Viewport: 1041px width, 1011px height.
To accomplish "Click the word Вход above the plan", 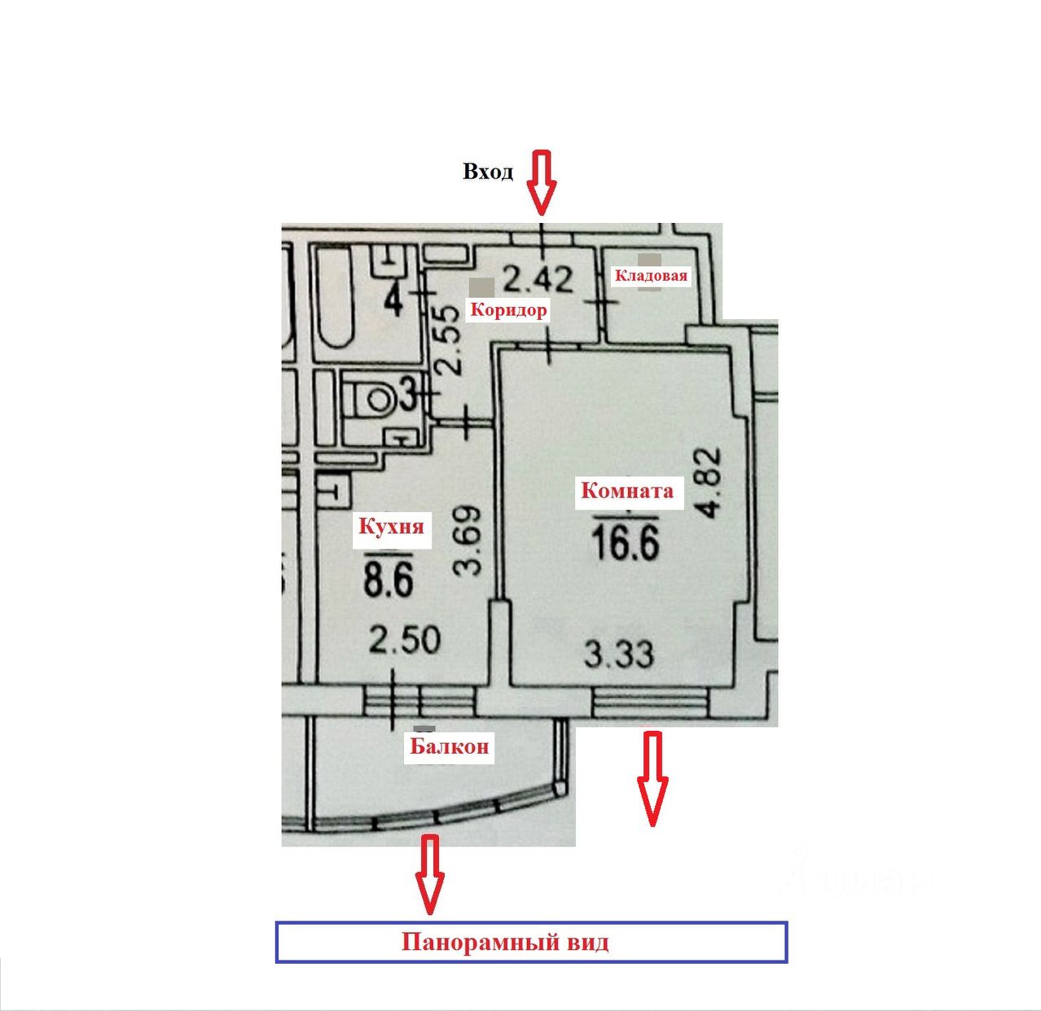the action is (x=488, y=172).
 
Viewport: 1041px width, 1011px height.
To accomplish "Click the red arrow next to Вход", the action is (x=540, y=182).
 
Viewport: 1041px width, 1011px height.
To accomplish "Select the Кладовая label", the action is (x=650, y=275).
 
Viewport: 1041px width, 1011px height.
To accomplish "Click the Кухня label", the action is (x=391, y=526).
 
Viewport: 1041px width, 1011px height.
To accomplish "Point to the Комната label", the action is (x=626, y=491).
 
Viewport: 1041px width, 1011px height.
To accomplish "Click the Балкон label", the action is (x=449, y=746).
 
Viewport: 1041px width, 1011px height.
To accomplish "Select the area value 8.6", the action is (x=389, y=580).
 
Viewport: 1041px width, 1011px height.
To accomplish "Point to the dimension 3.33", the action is (x=620, y=653).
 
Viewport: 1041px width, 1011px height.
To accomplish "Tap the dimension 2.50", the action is (x=405, y=640).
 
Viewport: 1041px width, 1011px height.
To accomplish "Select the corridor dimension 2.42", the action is (x=538, y=279).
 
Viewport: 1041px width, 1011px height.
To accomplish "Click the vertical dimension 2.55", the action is (x=450, y=339).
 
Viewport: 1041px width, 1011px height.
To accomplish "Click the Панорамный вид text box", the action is (x=531, y=943).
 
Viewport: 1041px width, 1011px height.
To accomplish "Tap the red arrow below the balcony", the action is (x=430, y=873).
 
